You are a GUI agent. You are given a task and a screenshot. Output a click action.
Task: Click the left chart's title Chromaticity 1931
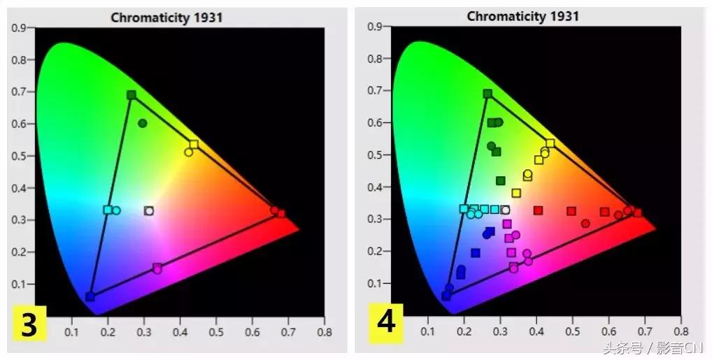[166, 17]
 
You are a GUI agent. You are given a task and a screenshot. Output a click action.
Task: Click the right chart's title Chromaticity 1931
[523, 16]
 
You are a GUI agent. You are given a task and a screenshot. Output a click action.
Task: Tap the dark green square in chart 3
[131, 95]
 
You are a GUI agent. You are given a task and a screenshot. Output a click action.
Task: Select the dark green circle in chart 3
[143, 123]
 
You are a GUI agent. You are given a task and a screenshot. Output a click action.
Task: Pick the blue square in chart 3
[90, 296]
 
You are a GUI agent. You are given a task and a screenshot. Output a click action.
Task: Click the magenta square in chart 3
[157, 268]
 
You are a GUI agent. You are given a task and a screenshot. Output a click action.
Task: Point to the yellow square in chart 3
[194, 145]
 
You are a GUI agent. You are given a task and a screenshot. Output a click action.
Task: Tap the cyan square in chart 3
[108, 210]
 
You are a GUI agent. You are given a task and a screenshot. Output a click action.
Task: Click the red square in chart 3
[281, 214]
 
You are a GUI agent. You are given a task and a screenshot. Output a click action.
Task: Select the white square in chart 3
[148, 210]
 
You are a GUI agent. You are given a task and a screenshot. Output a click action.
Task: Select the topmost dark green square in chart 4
[487, 94]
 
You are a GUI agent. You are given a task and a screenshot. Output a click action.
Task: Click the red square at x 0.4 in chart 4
[538, 210]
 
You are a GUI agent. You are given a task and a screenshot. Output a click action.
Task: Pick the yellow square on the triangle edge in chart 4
[550, 143]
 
